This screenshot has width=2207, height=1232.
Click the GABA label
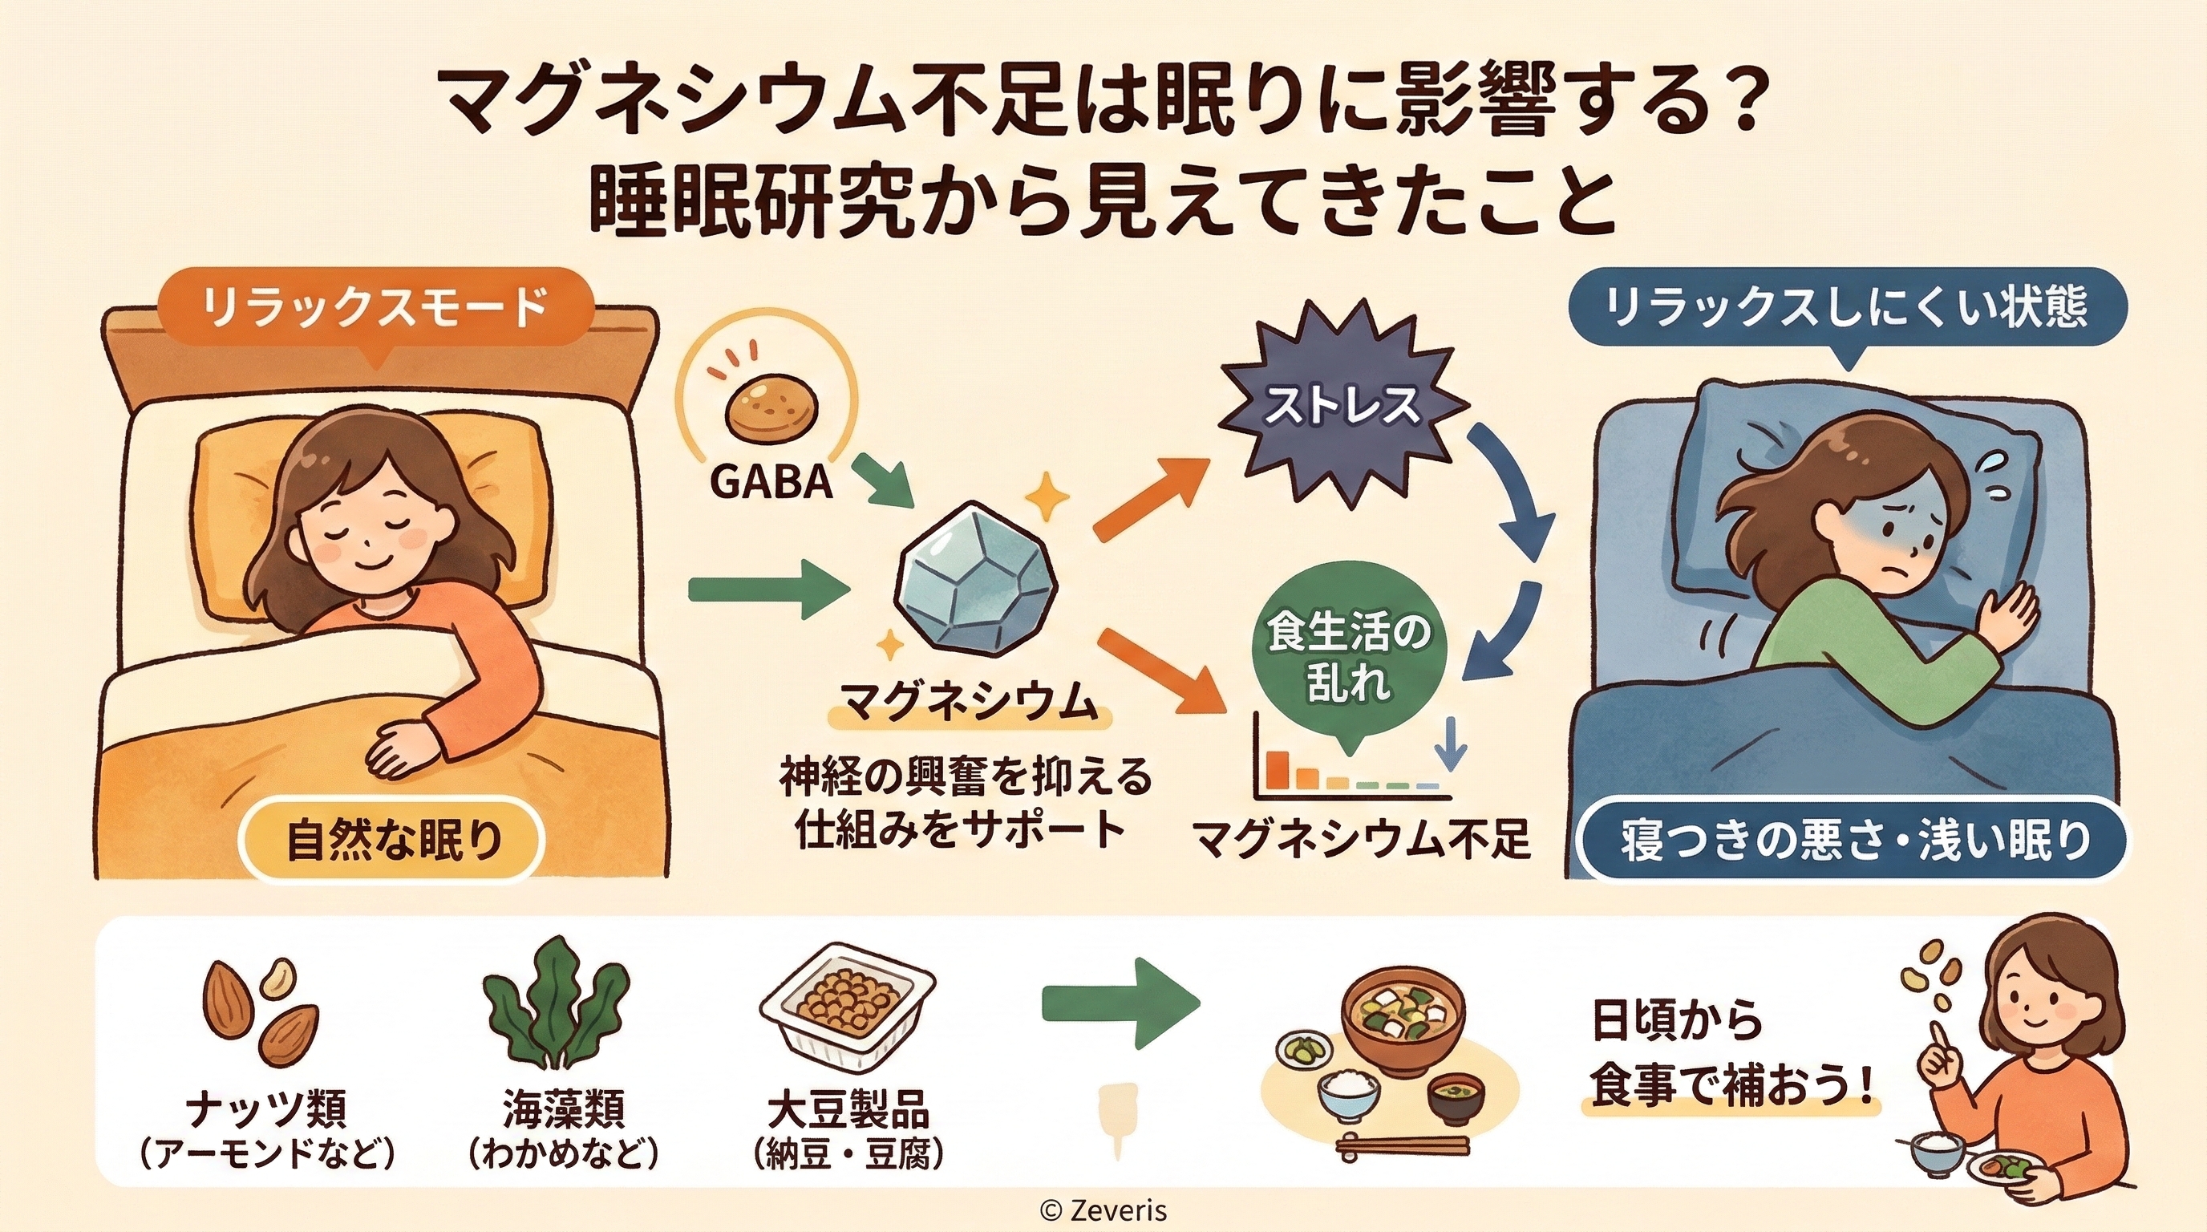(x=771, y=482)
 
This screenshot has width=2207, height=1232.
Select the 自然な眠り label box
(x=393, y=840)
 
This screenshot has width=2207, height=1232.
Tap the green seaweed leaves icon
(x=557, y=1011)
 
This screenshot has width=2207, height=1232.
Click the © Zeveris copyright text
(x=1103, y=1210)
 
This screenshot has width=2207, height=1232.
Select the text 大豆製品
(x=848, y=1110)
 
